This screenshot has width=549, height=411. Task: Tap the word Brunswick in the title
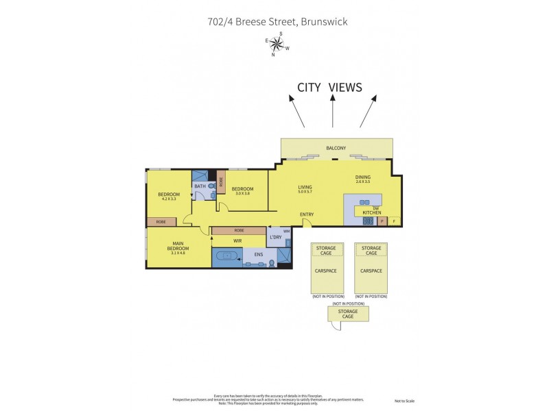pos(323,21)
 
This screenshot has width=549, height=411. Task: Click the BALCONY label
pos(336,148)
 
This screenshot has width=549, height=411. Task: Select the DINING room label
pos(362,177)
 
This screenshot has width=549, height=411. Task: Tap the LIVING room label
pos(305,186)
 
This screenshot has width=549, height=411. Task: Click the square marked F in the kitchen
pos(394,221)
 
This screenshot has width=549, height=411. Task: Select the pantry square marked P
pos(382,221)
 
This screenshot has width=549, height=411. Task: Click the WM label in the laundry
pos(286,231)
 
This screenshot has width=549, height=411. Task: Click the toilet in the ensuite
pos(272,262)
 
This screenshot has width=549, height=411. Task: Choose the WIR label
pos(237,241)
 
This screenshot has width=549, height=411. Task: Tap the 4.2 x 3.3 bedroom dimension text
pos(168,199)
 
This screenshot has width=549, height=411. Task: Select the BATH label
pos(200,186)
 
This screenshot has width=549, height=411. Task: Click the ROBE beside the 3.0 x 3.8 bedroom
pos(221,182)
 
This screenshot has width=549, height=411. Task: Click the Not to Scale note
pos(405,401)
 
